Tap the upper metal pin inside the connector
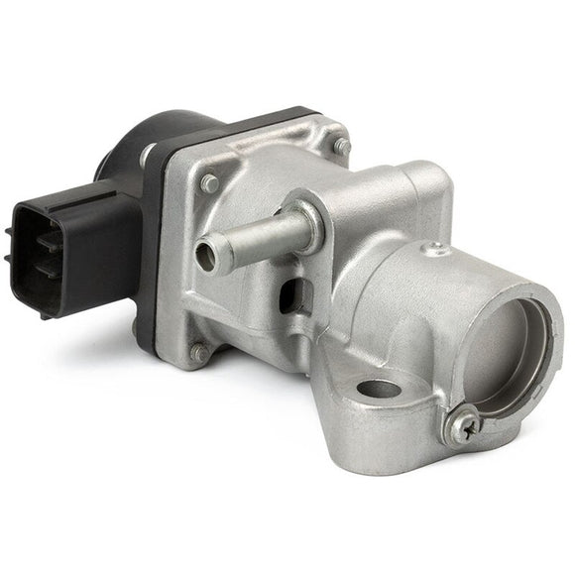point(22,238)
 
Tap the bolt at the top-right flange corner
point(341,146)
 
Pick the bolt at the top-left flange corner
point(209,184)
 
